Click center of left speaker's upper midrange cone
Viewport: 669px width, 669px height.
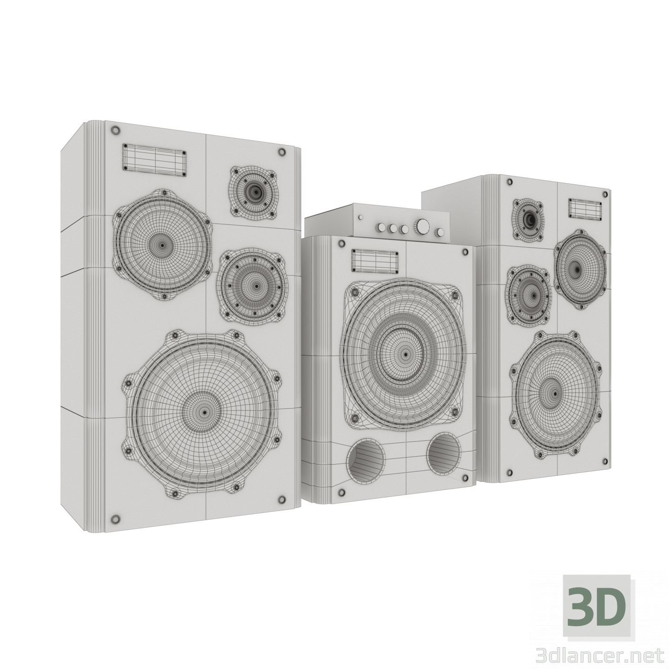tap(162, 244)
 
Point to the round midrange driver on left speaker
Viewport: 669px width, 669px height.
tap(251, 285)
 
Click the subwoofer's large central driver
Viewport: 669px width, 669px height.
tap(404, 355)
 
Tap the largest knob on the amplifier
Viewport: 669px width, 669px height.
tap(423, 227)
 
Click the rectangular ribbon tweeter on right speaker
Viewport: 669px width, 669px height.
tap(582, 207)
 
